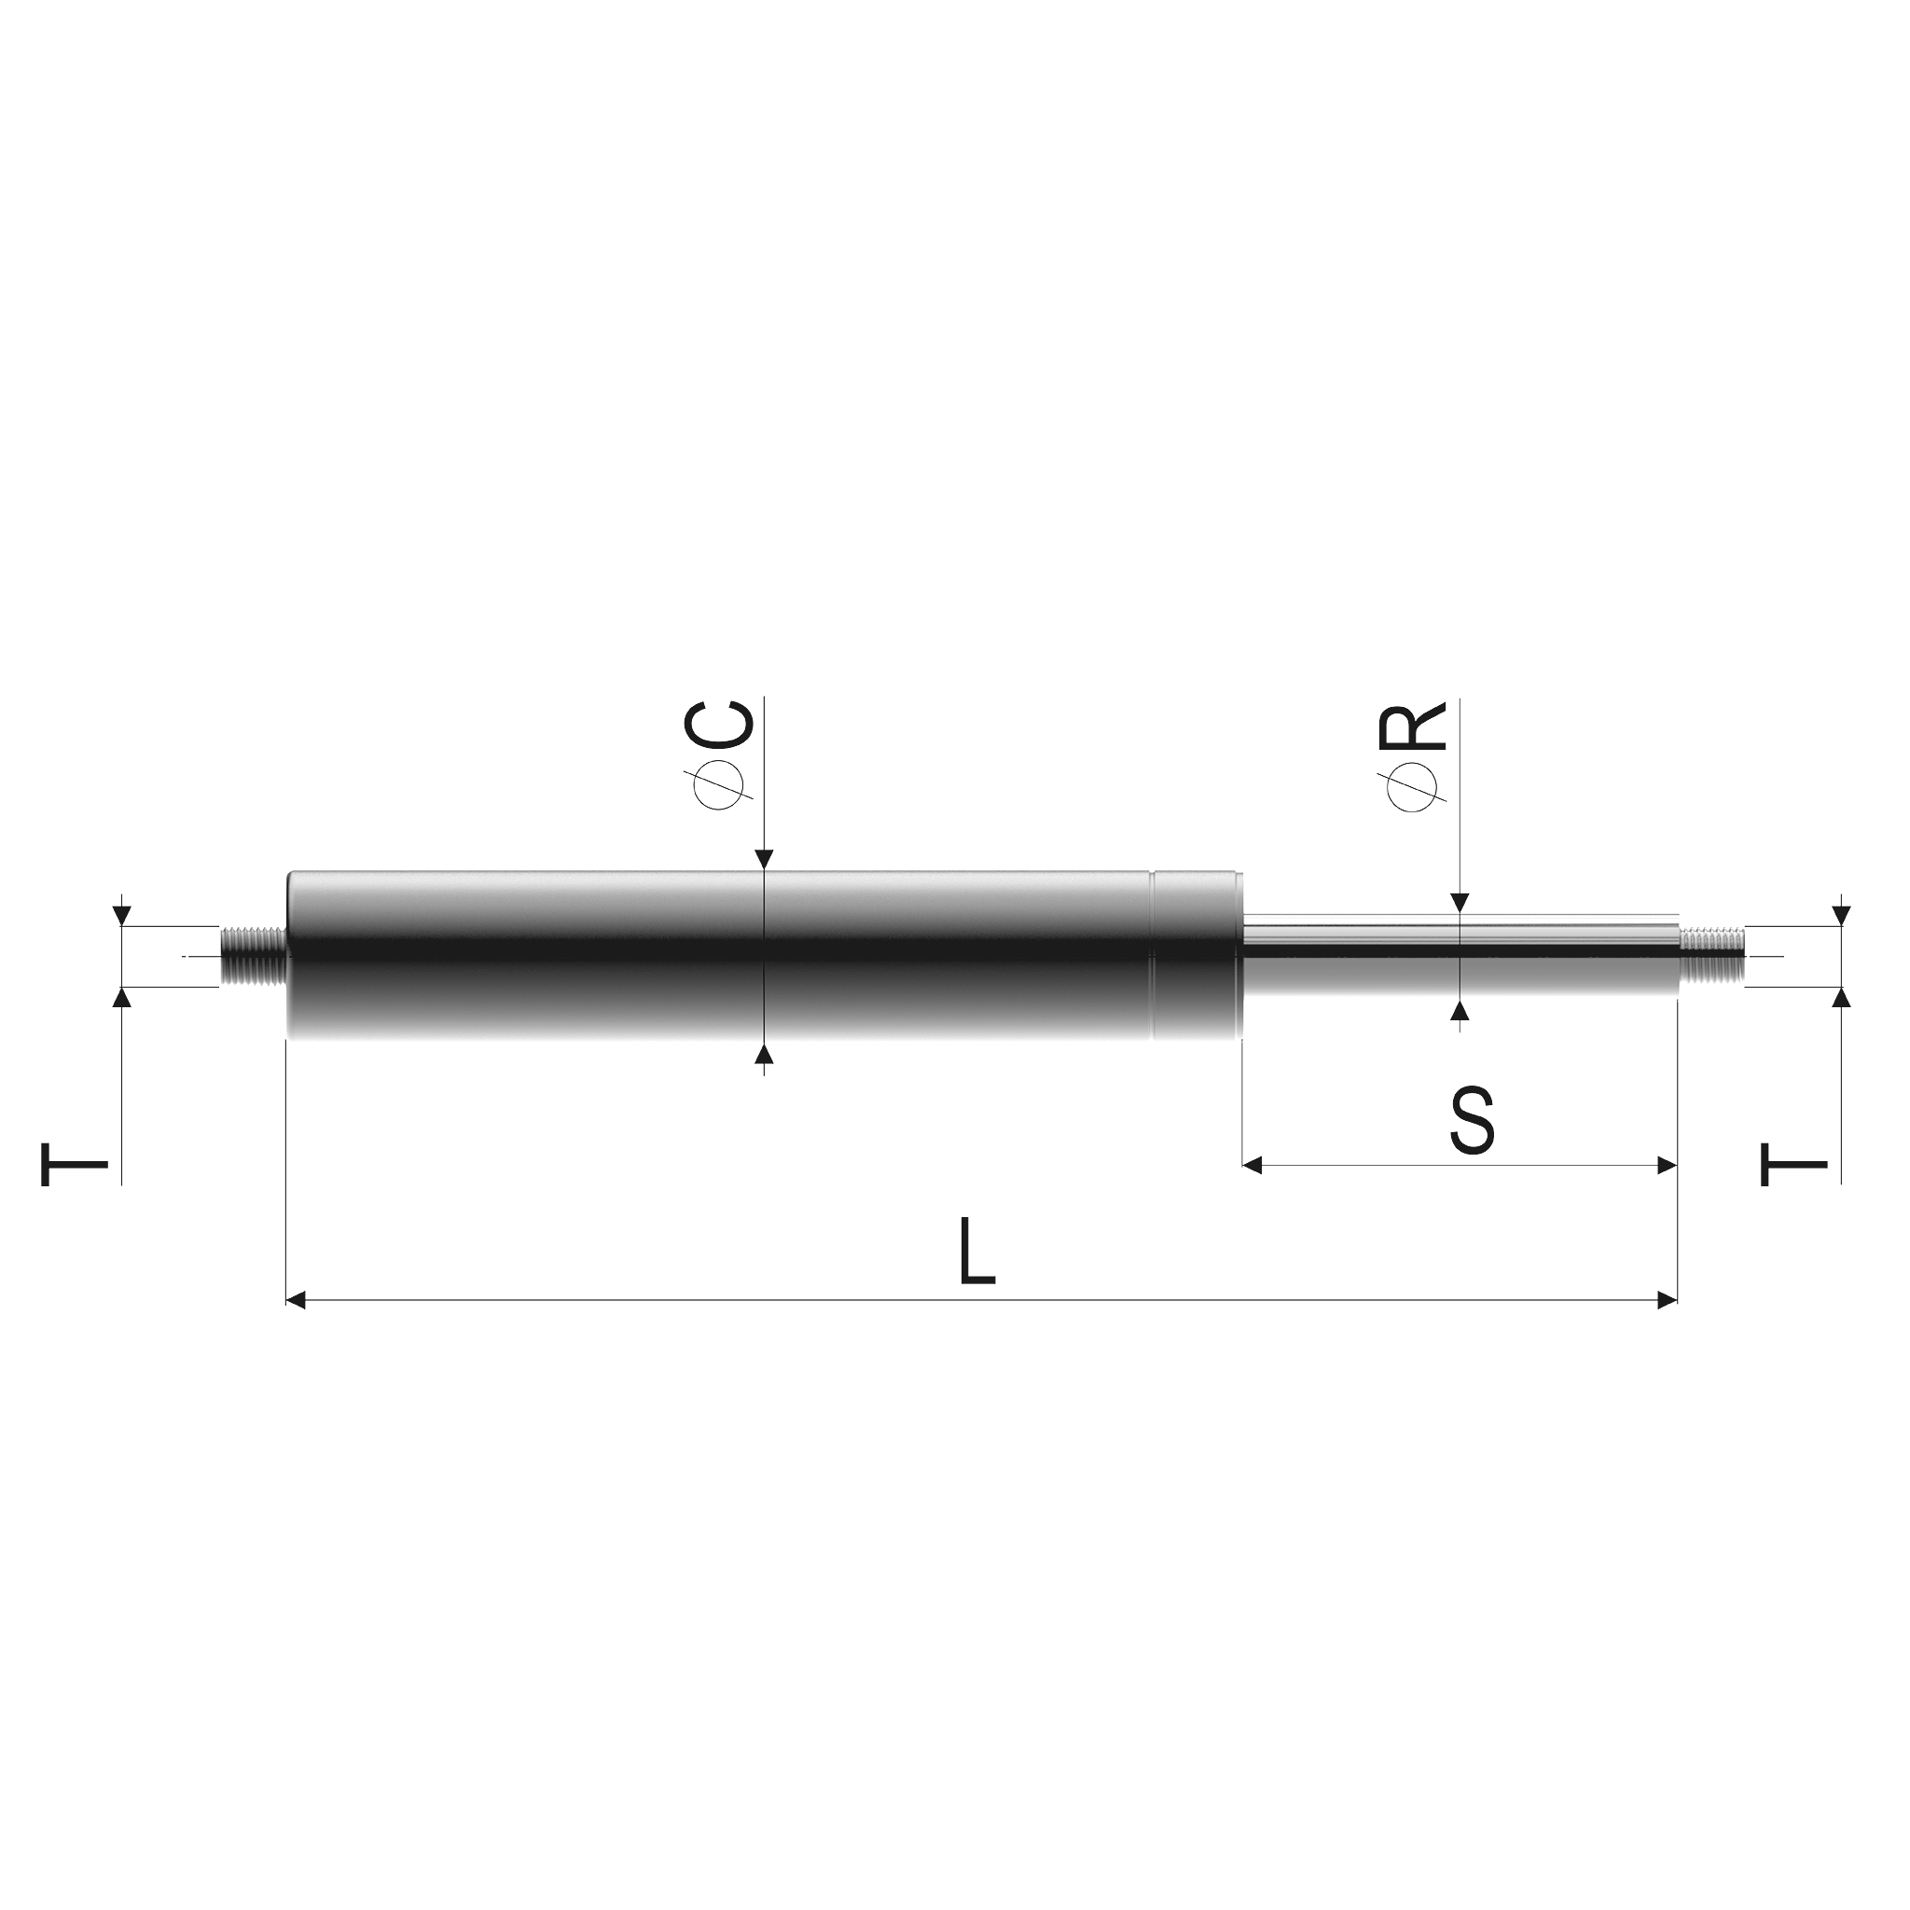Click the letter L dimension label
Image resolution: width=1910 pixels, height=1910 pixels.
pos(977,1251)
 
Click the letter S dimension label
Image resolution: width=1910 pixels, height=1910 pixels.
pos(1471,1121)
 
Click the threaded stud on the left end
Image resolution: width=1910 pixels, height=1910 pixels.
pos(253,956)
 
